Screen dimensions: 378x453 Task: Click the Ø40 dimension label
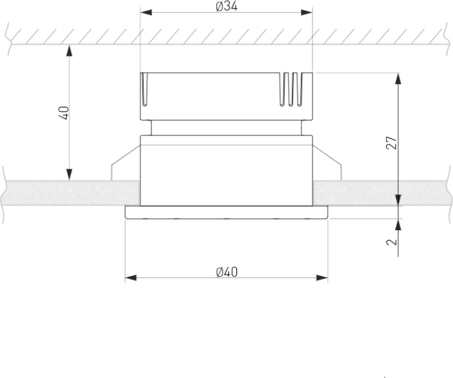tap(226, 272)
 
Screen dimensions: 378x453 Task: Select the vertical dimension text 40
tap(63, 113)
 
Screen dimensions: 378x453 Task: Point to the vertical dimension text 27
tap(392, 143)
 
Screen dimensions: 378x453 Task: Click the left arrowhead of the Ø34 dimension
tap(146, 12)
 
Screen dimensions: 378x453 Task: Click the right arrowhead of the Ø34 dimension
tap(306, 12)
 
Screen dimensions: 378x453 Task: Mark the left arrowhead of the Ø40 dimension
tap(131, 278)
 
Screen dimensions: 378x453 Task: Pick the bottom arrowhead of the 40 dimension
tap(69, 174)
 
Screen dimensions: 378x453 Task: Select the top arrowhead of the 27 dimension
tap(398, 78)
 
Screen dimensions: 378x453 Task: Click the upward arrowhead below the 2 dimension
tap(398, 224)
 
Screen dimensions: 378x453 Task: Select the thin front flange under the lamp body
tap(226, 213)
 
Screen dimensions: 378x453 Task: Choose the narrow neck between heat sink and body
tap(226, 128)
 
